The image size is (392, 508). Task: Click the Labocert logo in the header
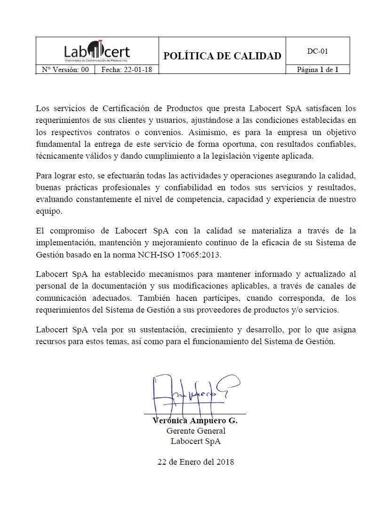point(97,51)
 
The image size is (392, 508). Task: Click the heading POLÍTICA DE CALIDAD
point(222,56)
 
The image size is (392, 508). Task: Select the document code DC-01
point(317,51)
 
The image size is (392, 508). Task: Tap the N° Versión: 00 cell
point(65,70)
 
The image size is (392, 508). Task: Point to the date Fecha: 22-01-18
point(127,70)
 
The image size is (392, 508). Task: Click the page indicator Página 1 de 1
point(317,70)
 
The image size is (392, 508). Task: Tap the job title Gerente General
point(196,431)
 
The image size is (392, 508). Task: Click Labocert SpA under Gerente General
point(196,441)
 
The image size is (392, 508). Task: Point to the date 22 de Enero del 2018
point(196,462)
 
